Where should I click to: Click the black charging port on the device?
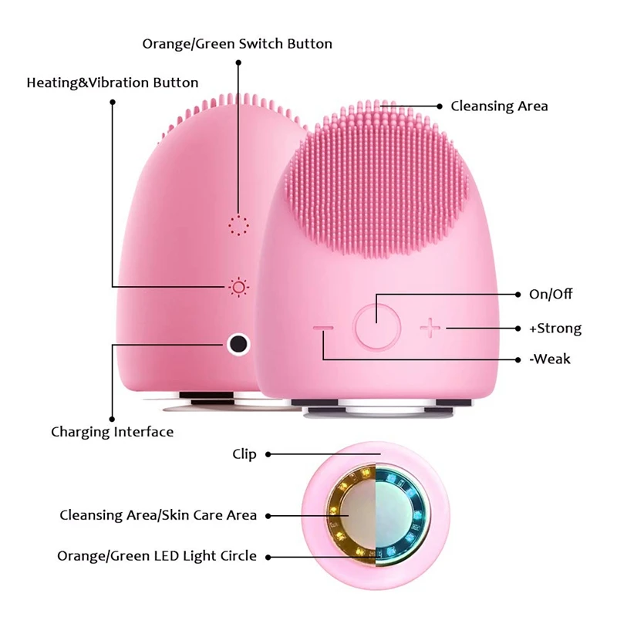click(238, 344)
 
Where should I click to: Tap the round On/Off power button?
click(377, 327)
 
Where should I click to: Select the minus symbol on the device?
click(323, 328)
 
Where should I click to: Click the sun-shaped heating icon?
click(238, 287)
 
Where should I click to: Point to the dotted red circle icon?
click(238, 226)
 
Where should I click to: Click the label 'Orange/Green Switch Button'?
click(238, 44)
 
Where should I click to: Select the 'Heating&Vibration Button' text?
click(113, 83)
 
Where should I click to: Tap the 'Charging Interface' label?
click(113, 432)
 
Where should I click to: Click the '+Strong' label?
click(555, 329)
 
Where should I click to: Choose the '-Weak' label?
click(550, 359)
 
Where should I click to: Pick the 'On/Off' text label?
click(551, 294)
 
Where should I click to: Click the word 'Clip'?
click(244, 454)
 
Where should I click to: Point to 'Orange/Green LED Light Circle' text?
click(157, 556)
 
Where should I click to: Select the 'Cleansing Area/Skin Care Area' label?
click(158, 515)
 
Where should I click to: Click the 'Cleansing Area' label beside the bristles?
click(499, 106)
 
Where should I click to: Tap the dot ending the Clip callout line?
click(268, 454)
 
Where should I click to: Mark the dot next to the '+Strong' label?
click(518, 329)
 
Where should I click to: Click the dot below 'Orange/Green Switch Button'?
click(238, 62)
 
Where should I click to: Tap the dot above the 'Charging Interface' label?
click(112, 420)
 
